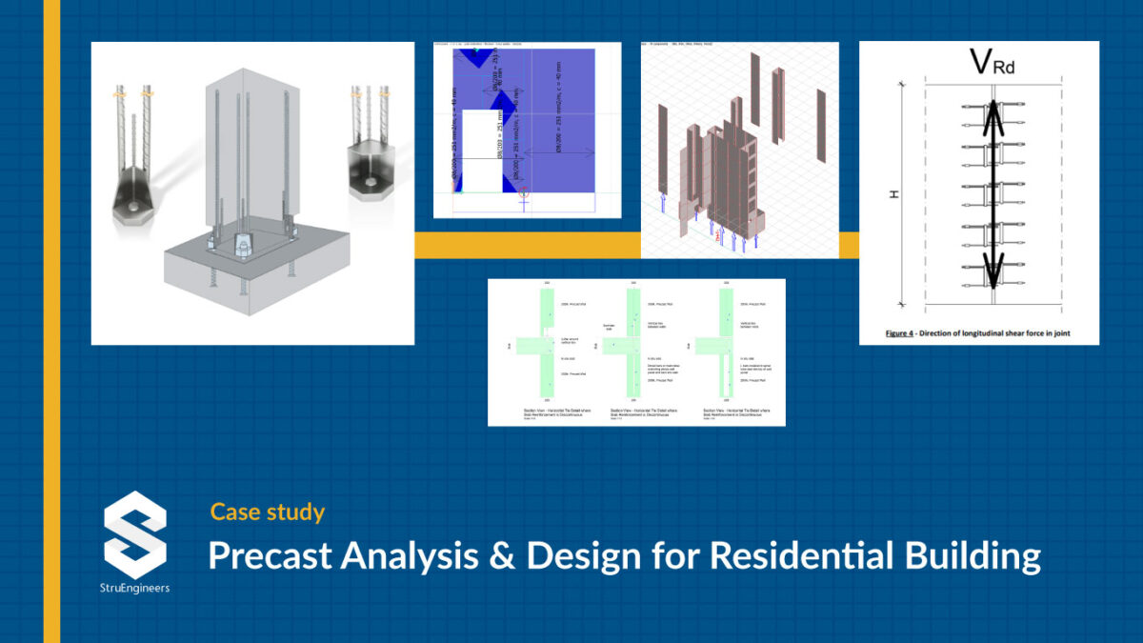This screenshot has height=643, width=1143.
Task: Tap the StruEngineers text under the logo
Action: [x=135, y=588]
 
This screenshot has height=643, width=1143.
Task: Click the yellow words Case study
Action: [x=268, y=512]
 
